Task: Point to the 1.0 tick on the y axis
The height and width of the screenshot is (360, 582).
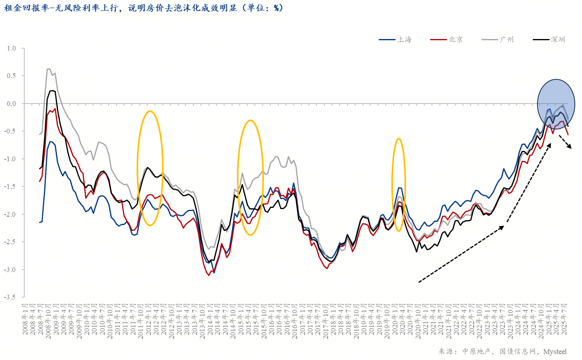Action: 11,48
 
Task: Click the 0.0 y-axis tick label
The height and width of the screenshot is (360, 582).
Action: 11,104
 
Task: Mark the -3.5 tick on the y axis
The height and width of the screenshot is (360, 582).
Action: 10,297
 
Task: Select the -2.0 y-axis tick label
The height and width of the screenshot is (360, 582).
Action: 10,214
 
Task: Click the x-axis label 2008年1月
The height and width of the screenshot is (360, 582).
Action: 25,319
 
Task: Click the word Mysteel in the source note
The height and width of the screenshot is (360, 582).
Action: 555,352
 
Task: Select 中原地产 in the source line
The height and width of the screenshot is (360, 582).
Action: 476,352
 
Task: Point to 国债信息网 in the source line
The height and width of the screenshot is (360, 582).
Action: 517,352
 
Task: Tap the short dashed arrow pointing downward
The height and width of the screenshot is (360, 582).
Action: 565,142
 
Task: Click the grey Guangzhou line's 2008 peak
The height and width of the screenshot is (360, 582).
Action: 49,69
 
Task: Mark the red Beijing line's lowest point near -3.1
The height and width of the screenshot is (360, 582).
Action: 209,275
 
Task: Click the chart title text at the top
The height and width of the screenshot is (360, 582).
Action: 143,8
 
